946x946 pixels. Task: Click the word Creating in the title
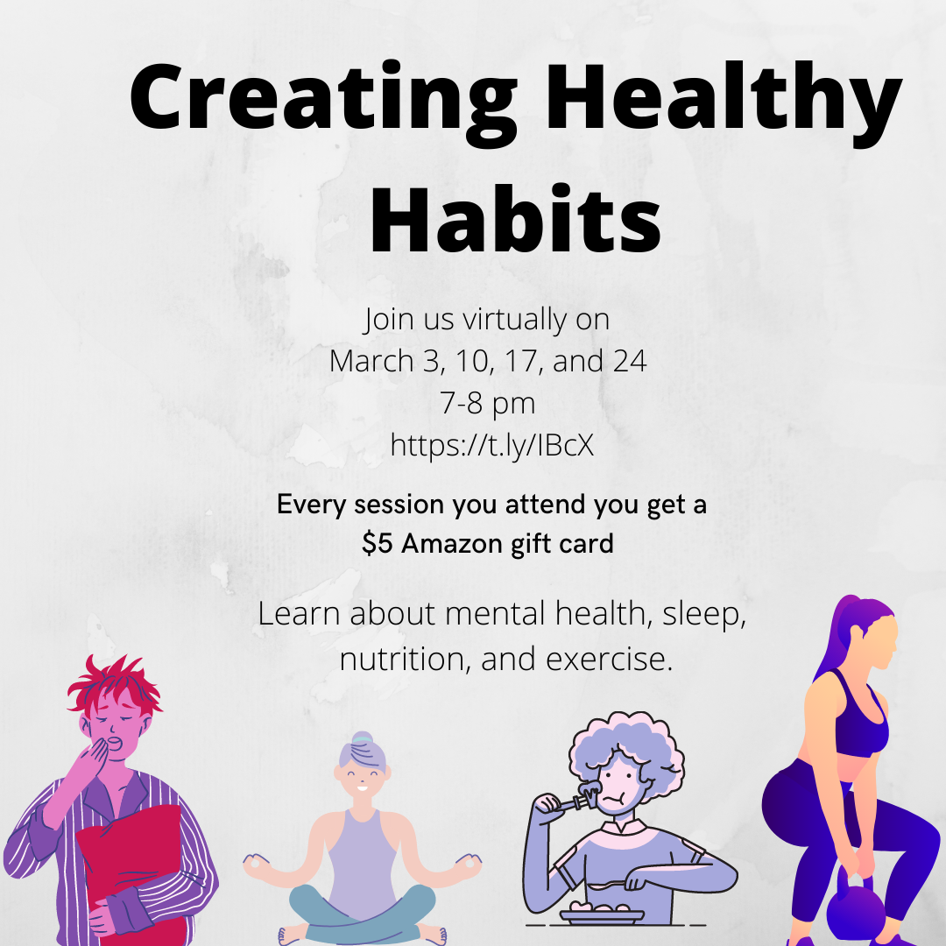(x=322, y=98)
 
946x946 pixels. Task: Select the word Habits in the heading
(x=515, y=218)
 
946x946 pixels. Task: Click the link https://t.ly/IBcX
(x=491, y=445)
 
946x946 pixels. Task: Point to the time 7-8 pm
(x=488, y=403)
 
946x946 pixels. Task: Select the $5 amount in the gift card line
(x=377, y=543)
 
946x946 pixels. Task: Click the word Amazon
(x=452, y=543)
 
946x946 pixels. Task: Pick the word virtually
(x=515, y=320)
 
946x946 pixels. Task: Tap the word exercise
(x=610, y=659)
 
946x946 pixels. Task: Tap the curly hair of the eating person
(x=627, y=748)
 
